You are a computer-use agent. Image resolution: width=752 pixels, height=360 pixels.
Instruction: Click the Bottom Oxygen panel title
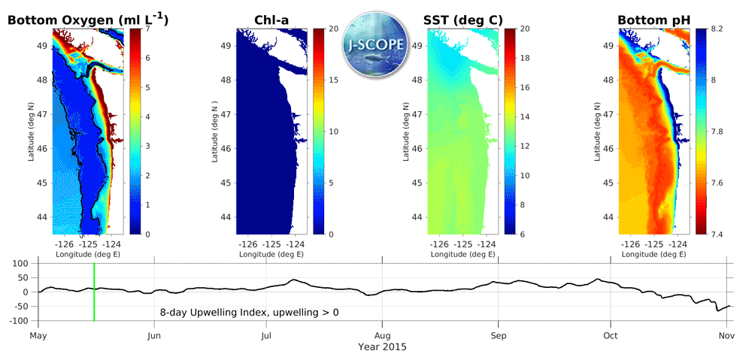tap(87, 19)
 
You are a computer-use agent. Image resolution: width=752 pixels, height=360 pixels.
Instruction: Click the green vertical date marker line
tap(94, 292)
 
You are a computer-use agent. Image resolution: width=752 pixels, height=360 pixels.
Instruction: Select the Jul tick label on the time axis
tap(267, 336)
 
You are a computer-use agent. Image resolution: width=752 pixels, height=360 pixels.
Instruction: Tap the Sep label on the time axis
tap(497, 336)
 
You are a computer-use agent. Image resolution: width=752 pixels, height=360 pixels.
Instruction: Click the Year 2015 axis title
tap(382, 347)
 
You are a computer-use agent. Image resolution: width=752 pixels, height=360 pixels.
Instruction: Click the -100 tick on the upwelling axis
tap(18, 321)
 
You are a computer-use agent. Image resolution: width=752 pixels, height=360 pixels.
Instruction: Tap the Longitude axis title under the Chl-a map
tap(271, 254)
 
